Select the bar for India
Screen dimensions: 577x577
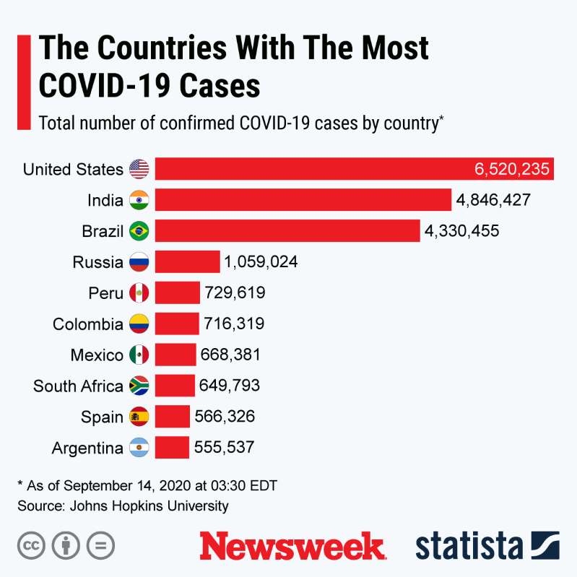pyautogui.click(x=303, y=200)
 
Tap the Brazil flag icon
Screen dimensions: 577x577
pyautogui.click(x=139, y=231)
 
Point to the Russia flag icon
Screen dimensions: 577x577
pyautogui.click(x=139, y=262)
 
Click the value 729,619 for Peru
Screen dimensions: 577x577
pyautogui.click(x=235, y=292)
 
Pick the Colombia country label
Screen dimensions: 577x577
pyautogui.click(x=87, y=324)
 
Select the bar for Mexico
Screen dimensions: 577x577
pyautogui.click(x=175, y=355)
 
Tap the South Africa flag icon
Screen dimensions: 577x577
pyautogui.click(x=139, y=386)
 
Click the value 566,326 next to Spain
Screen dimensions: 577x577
pyautogui.click(x=225, y=417)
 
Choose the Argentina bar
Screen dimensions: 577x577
pyautogui.click(x=172, y=448)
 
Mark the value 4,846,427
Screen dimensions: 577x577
pyautogui.click(x=493, y=200)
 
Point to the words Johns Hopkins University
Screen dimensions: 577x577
pyautogui.click(x=149, y=506)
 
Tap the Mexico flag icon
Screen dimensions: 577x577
pyautogui.click(x=139, y=355)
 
